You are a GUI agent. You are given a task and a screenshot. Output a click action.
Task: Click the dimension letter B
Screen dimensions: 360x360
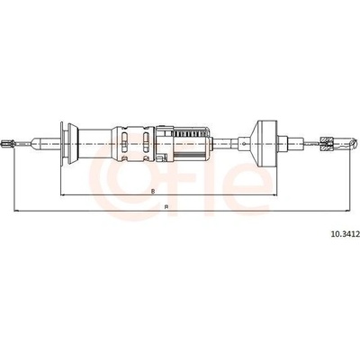(x=153, y=191)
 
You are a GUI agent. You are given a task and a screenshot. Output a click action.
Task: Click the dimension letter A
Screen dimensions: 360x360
(x=166, y=207)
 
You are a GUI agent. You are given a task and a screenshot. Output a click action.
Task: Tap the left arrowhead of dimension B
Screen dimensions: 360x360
(x=63, y=195)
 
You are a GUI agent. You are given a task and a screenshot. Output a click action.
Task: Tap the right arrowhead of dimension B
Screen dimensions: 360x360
(x=274, y=195)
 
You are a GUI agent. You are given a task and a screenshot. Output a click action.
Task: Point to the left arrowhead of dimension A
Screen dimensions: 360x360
(x=16, y=211)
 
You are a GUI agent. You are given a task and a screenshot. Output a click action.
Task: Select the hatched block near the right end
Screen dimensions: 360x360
(x=327, y=143)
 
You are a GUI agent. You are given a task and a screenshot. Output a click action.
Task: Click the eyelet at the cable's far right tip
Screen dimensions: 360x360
(x=354, y=143)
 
